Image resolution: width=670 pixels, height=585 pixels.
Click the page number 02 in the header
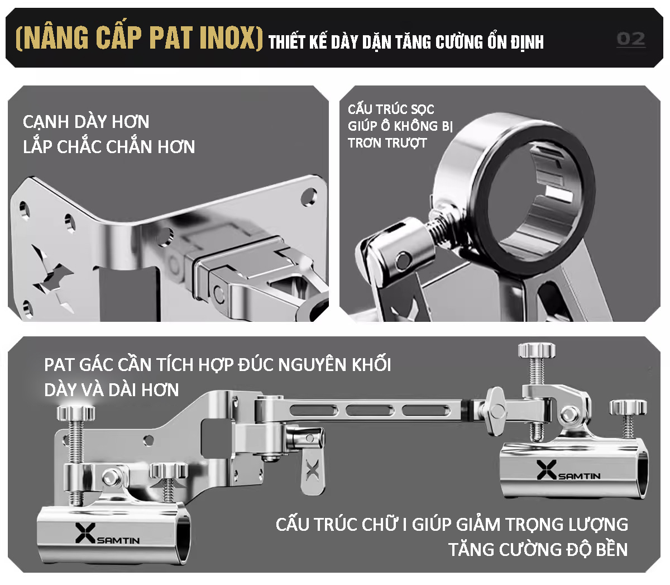point(631,39)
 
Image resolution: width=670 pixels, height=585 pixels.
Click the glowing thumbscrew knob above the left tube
point(75,412)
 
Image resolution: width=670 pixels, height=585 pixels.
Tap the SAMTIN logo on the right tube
point(568,470)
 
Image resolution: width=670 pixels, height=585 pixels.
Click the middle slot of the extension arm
point(370,410)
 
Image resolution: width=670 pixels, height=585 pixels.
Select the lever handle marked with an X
point(313,472)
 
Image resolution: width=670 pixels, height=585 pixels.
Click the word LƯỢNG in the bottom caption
point(598,524)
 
